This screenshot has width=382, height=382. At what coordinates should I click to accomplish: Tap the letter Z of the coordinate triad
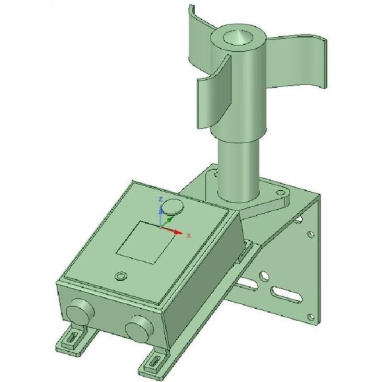point(159,198)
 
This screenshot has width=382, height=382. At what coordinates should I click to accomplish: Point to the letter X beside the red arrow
point(189,235)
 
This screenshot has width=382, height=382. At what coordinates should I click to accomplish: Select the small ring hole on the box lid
point(120,274)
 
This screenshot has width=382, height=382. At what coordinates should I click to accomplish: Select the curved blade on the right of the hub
point(297,66)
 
